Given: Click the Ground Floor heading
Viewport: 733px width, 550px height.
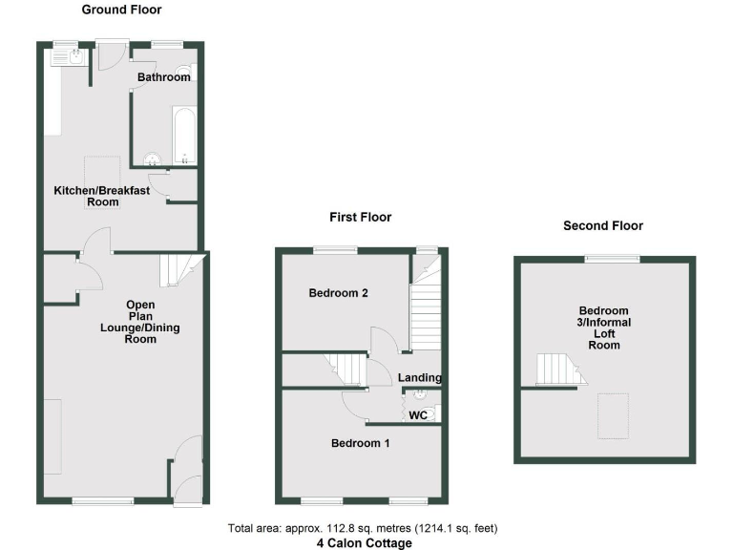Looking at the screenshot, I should (x=121, y=10).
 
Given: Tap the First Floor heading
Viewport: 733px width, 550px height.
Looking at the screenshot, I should (x=361, y=217).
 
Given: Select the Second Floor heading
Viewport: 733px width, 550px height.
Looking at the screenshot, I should (x=602, y=226).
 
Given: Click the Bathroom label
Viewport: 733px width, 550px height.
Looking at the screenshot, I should (x=163, y=77).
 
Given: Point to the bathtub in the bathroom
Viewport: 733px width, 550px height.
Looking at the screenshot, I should (x=184, y=135).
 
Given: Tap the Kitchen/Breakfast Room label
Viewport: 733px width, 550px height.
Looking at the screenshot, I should (x=101, y=197).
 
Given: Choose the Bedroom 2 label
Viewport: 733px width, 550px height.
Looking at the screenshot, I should (x=339, y=294).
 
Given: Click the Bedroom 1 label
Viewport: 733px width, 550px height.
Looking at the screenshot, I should (x=360, y=443).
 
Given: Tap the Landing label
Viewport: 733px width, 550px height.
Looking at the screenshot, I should (x=420, y=378).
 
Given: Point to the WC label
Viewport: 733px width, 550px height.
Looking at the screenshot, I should (x=417, y=415).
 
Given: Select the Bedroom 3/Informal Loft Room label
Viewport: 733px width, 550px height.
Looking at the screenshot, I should (x=603, y=328).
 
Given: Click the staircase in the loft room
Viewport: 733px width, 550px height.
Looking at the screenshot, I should (x=559, y=370).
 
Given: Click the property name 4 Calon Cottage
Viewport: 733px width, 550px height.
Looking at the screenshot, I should (x=365, y=543).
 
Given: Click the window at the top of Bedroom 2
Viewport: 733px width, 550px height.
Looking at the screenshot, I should (x=336, y=250).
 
